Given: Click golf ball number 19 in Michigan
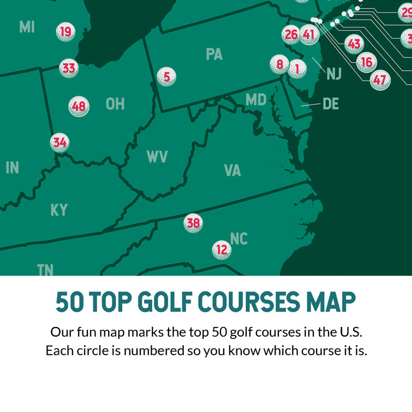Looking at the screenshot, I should (x=65, y=32).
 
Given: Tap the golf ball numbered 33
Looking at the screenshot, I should (x=69, y=69).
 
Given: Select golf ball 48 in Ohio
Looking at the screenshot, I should (x=79, y=106).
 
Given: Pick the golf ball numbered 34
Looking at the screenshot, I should (x=59, y=143).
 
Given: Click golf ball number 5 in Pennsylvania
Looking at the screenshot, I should (x=166, y=77).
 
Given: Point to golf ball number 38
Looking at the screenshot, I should (x=193, y=223).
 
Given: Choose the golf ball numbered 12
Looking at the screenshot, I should (x=222, y=250).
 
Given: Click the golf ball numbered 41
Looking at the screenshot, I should (x=309, y=35).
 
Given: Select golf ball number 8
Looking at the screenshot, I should (x=279, y=65).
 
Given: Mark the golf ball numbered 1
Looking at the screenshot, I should (x=297, y=69).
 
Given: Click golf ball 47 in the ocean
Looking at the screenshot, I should (x=380, y=80).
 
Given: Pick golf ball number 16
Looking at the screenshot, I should (x=367, y=62).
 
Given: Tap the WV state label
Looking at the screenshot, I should (x=157, y=157).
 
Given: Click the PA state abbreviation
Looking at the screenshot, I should (x=214, y=54).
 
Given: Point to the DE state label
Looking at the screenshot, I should (x=331, y=103).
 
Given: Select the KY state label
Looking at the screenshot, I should (x=59, y=210).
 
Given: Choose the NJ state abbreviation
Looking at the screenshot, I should (x=333, y=74).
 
